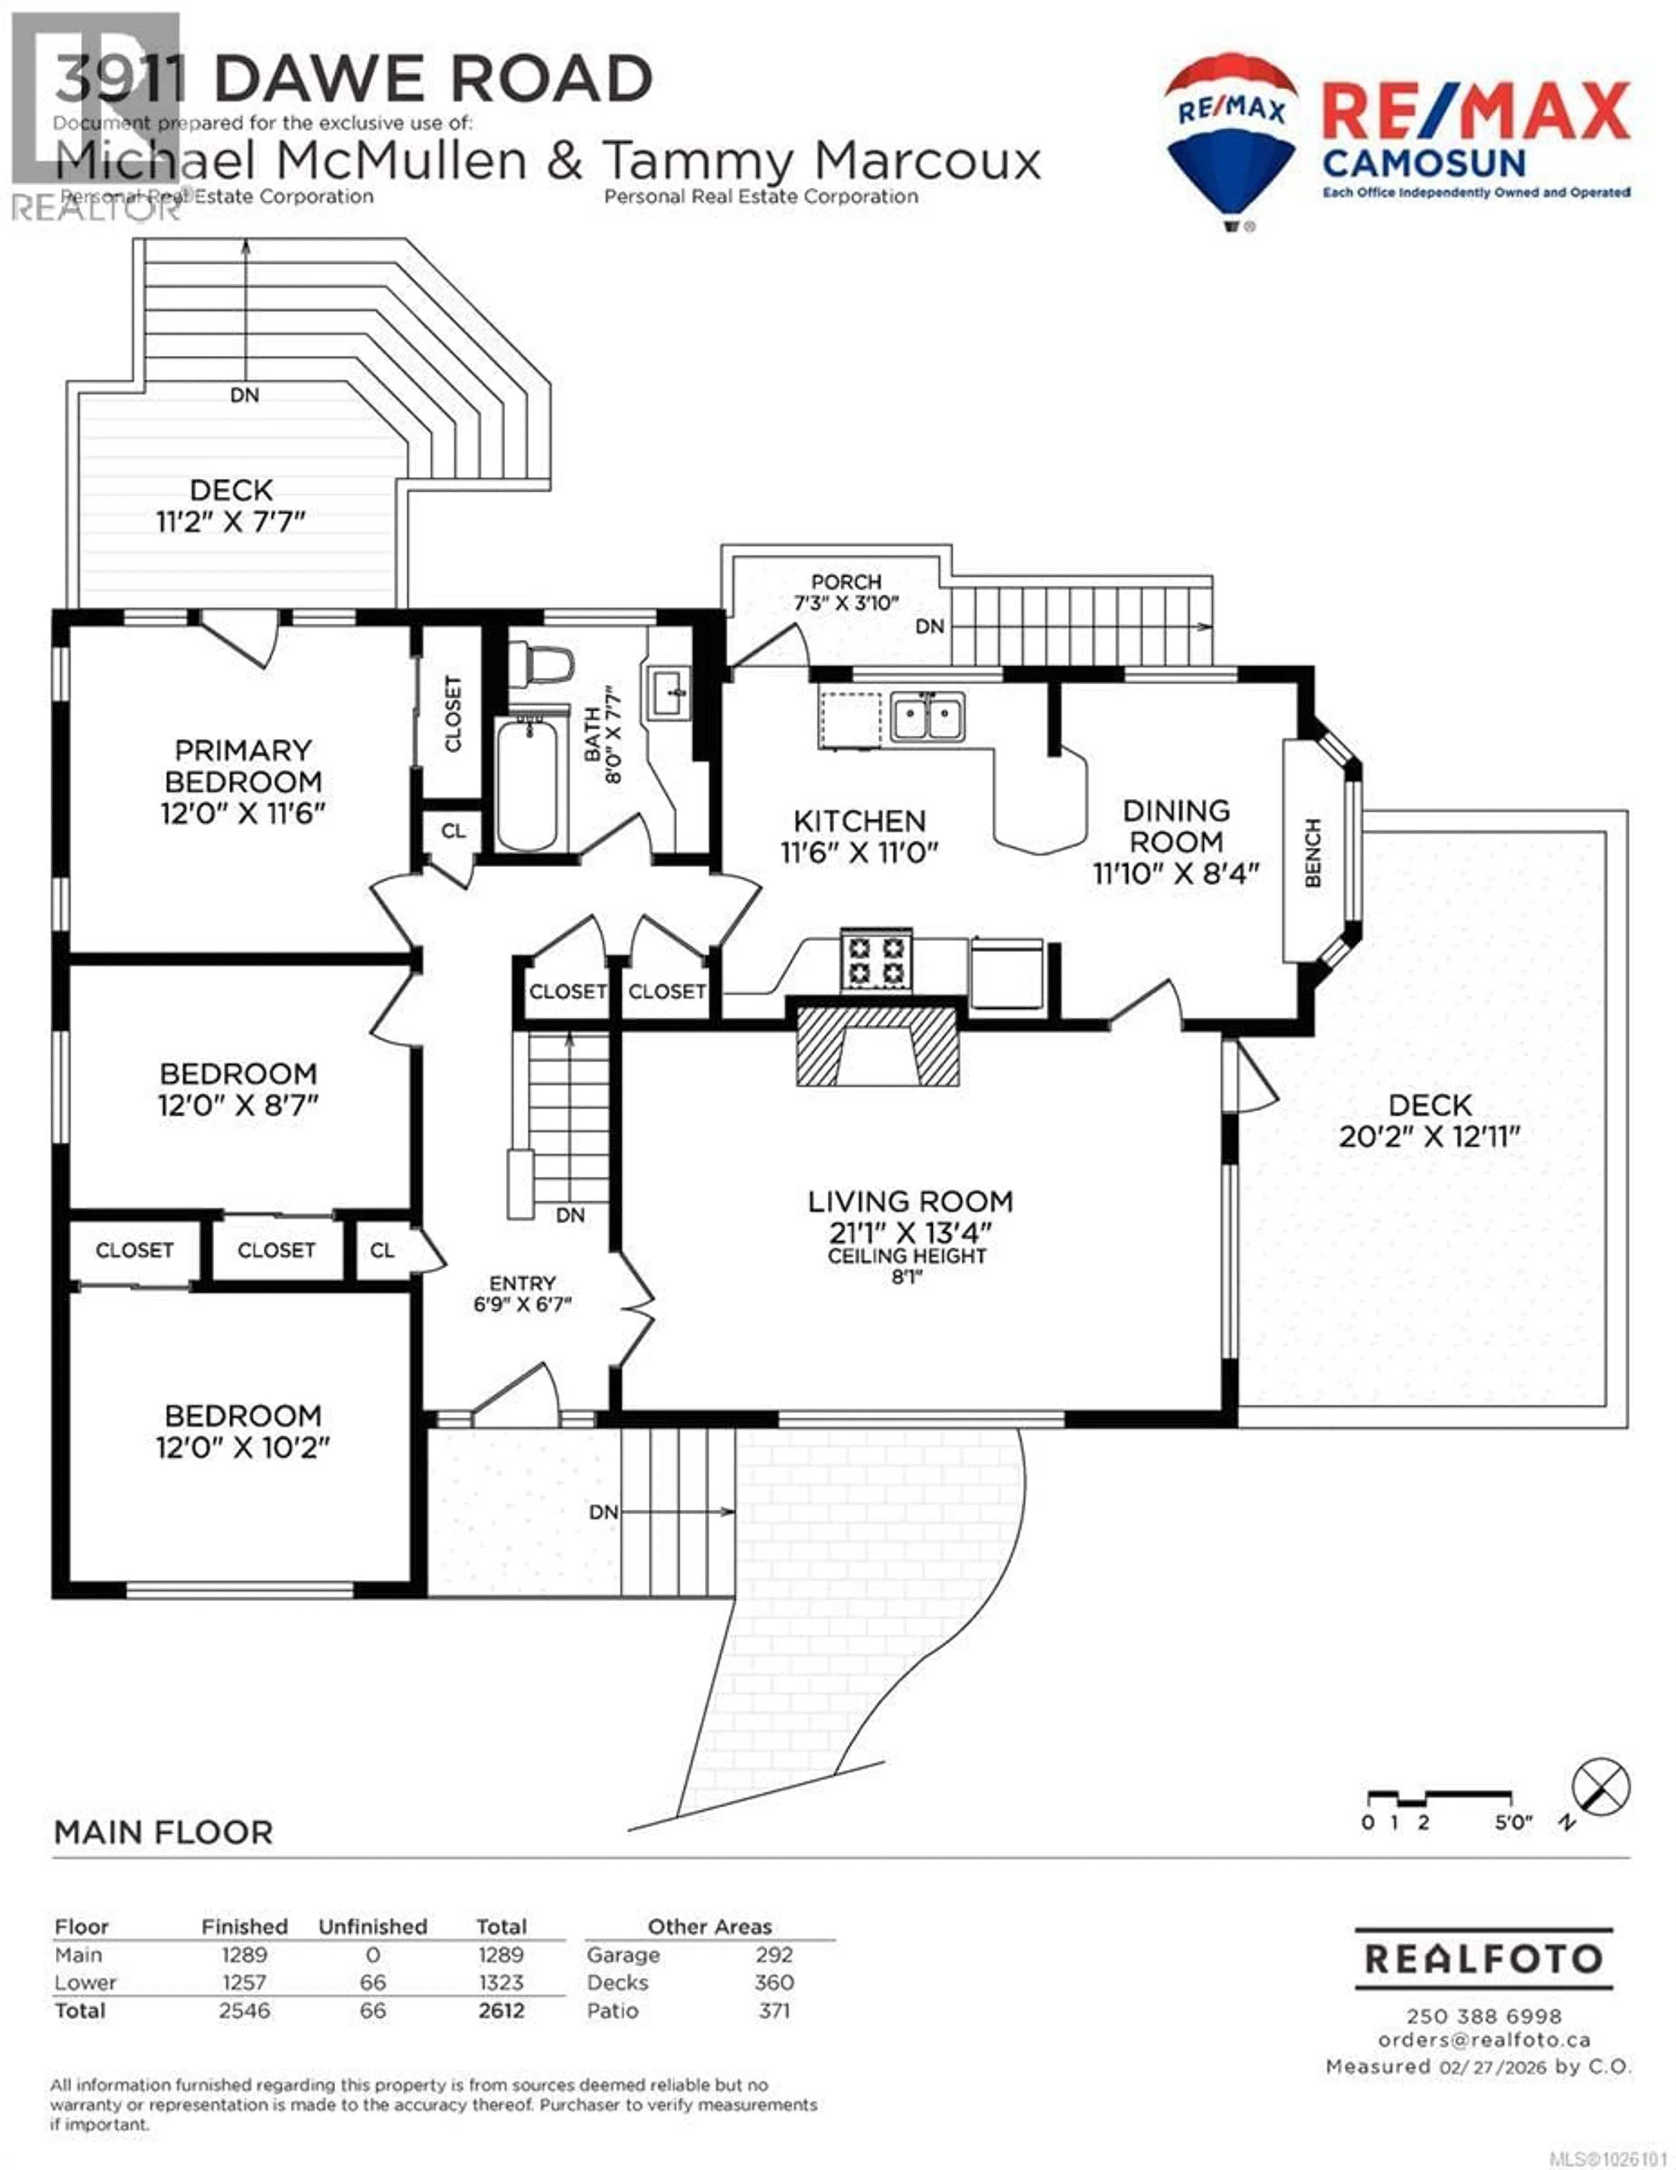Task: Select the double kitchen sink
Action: click(x=927, y=717)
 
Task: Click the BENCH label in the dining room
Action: click(x=1312, y=853)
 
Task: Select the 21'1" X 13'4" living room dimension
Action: click(x=910, y=1232)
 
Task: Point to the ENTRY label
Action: click(x=522, y=1283)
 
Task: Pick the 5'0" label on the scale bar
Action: click(x=1512, y=1822)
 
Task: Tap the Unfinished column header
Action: click(x=373, y=1926)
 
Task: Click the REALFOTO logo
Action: click(x=1483, y=1958)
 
